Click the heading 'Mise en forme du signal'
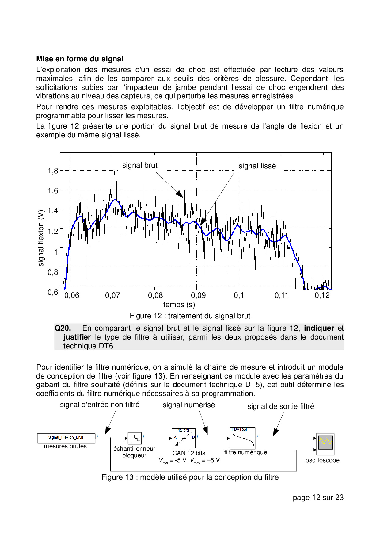coord(80,59)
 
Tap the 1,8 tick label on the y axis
coord(53,171)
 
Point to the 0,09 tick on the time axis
coord(198,295)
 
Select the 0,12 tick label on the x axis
coord(322,295)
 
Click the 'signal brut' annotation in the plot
coord(140,165)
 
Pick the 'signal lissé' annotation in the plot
coord(257,166)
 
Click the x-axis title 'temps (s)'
coord(179,305)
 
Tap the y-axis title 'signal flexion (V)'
coord(41,238)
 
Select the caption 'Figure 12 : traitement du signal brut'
coord(190,316)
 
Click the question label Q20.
coord(63,328)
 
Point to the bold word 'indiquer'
coord(319,328)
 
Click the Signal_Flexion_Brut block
coord(66,438)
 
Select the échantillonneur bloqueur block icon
coord(134,438)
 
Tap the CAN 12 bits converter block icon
coord(184,438)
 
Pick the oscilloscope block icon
coord(325,444)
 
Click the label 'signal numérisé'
coord(189,405)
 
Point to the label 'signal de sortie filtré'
coord(281,406)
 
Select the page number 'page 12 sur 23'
coord(318,498)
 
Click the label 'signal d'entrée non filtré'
coord(100,405)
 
